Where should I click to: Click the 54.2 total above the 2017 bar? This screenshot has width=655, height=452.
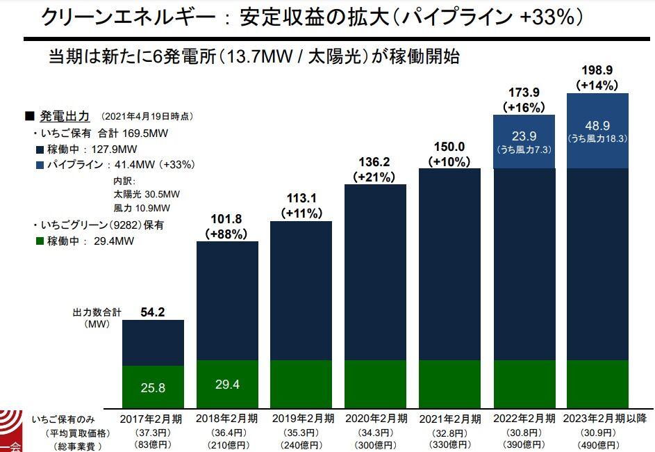point(153,313)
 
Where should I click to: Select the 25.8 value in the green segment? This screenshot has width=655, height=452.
point(153,388)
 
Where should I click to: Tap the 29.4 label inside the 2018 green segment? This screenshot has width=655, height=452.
point(228,385)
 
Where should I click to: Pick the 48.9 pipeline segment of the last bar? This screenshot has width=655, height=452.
point(598,126)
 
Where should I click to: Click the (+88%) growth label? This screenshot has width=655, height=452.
point(227,234)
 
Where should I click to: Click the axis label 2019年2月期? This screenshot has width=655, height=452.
point(302,419)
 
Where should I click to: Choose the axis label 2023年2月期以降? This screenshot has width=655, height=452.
point(598,419)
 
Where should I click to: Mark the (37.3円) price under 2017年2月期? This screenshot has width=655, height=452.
point(153,433)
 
